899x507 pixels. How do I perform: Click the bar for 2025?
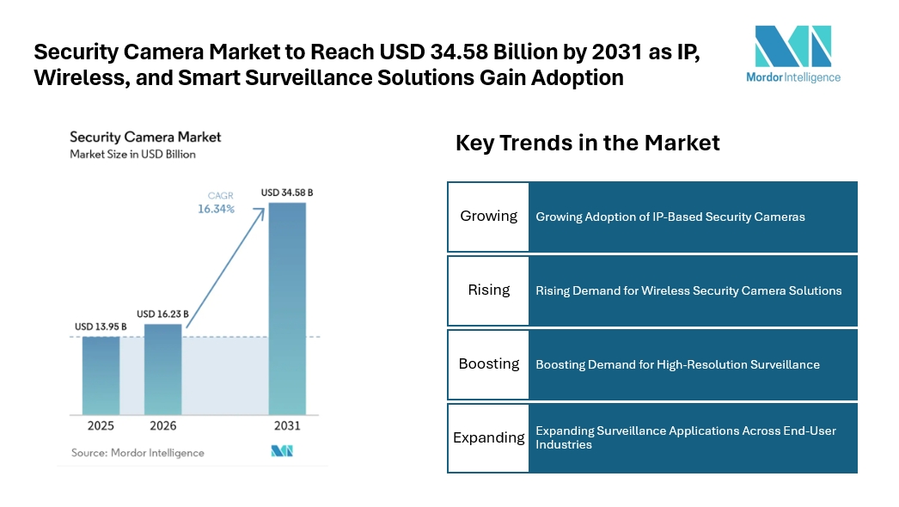point(101,376)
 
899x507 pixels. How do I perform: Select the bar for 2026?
point(162,370)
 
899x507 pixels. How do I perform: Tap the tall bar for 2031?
point(287,308)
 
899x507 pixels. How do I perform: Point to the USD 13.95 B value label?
point(101,327)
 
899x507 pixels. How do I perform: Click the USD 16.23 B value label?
point(162,314)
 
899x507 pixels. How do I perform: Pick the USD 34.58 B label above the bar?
point(287,192)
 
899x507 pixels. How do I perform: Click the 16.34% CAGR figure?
point(216,210)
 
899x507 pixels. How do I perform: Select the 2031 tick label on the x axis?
point(287,425)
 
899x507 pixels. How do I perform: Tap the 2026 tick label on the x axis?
point(162,425)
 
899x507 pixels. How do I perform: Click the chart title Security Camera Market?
point(145,137)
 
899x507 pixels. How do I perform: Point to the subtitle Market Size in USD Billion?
point(132,155)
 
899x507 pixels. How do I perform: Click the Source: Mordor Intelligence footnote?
point(138,453)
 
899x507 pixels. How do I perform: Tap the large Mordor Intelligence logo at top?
point(793,54)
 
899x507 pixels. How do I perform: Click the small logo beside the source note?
point(282,451)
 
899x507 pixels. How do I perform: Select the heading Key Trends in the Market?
point(588,143)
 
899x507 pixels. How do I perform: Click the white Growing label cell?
point(488,217)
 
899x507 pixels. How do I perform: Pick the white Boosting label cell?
point(488,364)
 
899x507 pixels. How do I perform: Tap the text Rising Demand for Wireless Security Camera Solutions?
point(688,290)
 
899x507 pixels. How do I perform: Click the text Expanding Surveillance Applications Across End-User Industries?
point(686,437)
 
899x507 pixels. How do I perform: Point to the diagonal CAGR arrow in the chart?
point(225,268)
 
